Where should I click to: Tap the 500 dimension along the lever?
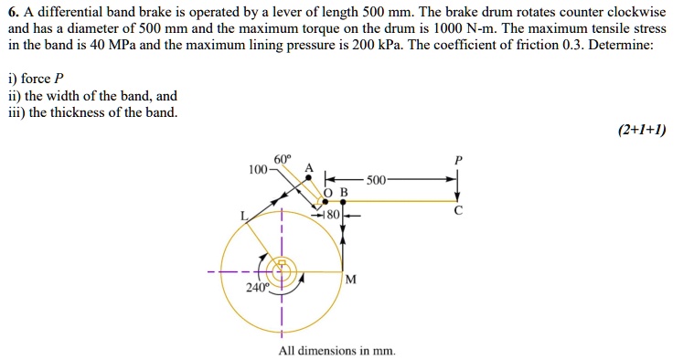[x=376, y=179]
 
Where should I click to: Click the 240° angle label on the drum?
[x=256, y=288]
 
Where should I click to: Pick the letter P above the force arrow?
[x=459, y=160]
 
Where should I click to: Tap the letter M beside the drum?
[x=350, y=278]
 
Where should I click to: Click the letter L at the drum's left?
[x=243, y=216]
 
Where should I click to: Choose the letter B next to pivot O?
[x=344, y=193]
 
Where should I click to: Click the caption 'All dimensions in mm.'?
[x=337, y=351]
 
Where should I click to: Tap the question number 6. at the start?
[x=13, y=12]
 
